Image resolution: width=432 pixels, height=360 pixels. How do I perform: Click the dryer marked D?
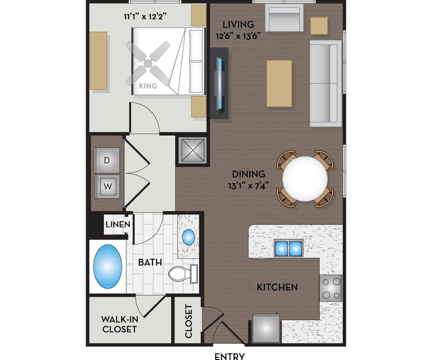coord(107,160)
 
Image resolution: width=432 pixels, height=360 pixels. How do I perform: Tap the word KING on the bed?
coord(148,86)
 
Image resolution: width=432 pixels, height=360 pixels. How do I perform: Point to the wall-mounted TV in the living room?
coord(220,83)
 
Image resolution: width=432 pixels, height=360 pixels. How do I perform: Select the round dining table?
coord(305,179)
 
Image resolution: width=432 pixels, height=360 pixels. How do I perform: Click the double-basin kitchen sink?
coord(289,248)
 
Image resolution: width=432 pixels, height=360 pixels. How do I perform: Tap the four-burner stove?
coord(331,288)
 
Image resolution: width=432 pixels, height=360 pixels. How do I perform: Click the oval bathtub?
coord(108,267)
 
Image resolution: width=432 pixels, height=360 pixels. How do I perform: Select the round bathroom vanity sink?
coord(188,237)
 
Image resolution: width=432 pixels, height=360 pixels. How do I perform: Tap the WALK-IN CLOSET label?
coord(119,324)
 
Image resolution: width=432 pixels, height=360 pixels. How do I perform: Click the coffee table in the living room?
coord(280,83)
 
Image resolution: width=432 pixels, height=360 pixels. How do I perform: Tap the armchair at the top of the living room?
coord(284,18)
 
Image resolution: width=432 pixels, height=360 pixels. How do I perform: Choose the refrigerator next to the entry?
coord(266,328)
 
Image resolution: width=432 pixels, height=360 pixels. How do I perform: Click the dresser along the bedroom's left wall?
coord(98,61)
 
